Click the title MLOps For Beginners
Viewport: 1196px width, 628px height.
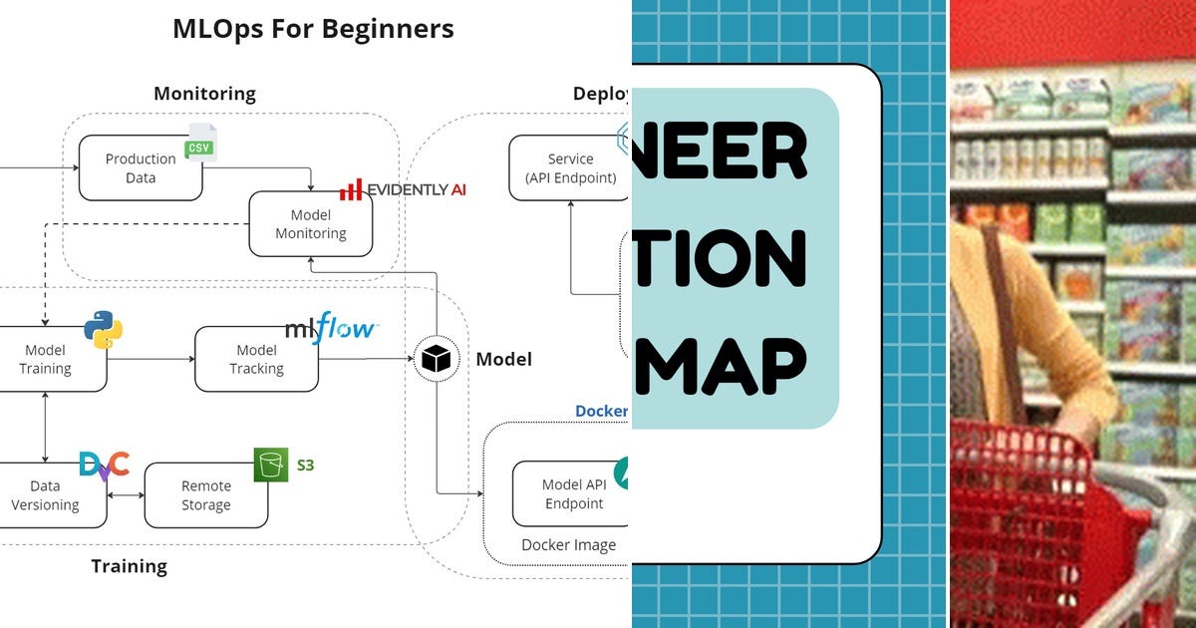tap(313, 29)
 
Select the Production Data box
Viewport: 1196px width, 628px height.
tap(141, 168)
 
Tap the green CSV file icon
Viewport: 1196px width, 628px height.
tap(200, 144)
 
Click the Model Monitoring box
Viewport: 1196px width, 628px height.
tap(310, 224)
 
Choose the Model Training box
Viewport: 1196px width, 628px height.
tap(48, 359)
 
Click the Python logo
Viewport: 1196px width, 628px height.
tap(103, 329)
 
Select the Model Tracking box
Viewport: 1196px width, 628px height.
tap(256, 359)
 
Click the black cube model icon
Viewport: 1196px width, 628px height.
tap(437, 358)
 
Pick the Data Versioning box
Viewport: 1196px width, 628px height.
tap(48, 495)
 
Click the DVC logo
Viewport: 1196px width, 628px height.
tap(104, 465)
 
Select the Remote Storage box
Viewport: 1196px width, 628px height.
tap(206, 495)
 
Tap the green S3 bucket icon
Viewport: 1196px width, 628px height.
tap(270, 465)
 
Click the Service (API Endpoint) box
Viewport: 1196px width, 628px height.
tap(570, 168)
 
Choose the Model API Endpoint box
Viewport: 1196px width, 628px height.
tap(572, 494)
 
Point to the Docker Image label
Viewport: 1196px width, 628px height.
tap(568, 545)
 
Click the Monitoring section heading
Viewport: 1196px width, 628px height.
tap(204, 94)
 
